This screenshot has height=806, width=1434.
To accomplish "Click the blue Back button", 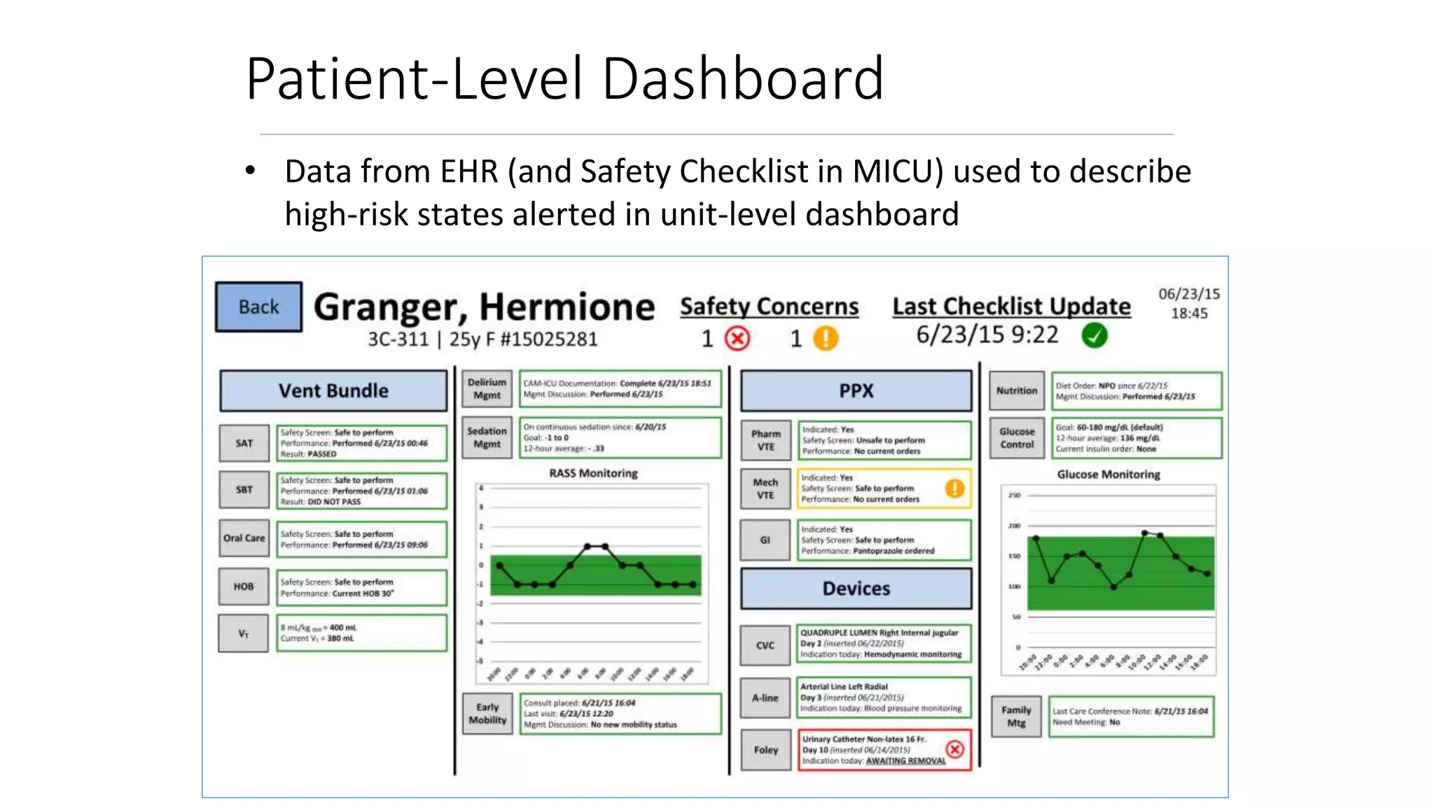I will coord(258,306).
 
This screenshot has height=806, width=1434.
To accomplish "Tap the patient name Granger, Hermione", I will coord(484,306).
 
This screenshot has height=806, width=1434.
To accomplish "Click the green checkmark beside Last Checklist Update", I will coord(1094,336).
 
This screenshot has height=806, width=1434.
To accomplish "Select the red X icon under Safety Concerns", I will coord(737,339).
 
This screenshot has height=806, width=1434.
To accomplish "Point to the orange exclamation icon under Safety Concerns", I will coord(826,339).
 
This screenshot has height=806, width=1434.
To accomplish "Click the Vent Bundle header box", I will coord(333,390).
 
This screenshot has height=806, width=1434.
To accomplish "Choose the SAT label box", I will coord(244,443).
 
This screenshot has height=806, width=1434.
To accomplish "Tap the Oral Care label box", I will coord(244,538).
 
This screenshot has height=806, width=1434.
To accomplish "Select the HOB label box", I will coord(244,586).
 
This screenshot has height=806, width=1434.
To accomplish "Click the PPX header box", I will coord(856,390).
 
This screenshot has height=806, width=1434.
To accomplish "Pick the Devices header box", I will coord(856,588).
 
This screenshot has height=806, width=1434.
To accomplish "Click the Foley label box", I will coord(765,750).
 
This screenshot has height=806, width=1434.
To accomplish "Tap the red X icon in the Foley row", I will coord(955,749).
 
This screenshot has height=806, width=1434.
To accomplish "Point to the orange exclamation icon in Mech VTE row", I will coord(955,488).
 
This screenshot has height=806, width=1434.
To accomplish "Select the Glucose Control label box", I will coord(1017,438).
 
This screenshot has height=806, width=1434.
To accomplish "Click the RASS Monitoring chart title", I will coord(593,474).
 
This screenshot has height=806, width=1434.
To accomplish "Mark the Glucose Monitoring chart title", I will coord(1108,474).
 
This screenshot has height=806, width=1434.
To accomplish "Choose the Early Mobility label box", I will coord(487,714).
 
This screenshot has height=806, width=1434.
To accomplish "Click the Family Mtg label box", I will coord(1016,716).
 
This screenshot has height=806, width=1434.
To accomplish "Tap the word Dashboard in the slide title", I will coord(743,78).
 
